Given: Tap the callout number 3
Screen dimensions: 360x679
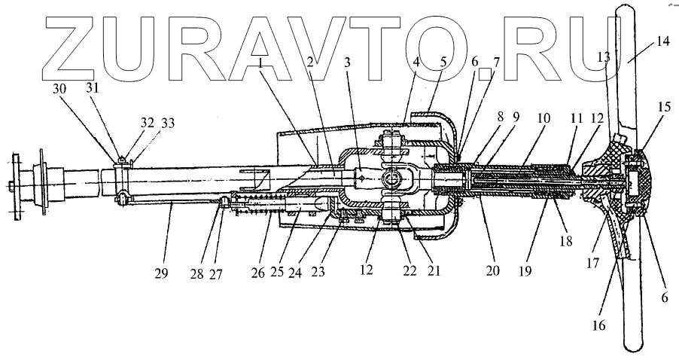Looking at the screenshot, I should point(347,64).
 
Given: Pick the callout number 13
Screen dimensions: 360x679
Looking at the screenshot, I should point(604,56).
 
